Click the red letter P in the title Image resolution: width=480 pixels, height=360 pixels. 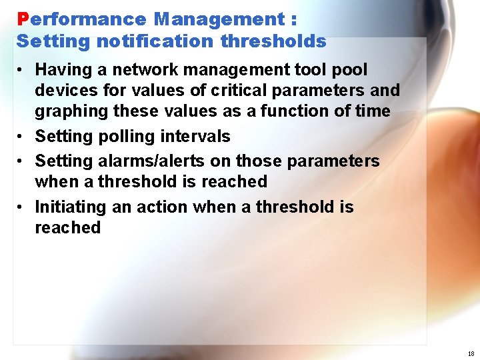23,19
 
